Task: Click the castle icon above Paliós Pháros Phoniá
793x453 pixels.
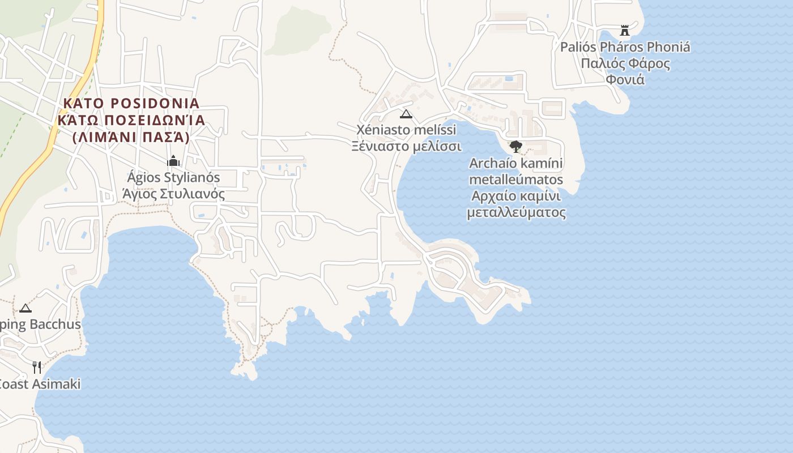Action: [625, 30]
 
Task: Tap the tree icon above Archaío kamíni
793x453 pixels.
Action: [515, 147]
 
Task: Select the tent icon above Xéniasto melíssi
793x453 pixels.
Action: [406, 114]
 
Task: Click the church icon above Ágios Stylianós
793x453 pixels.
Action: [173, 161]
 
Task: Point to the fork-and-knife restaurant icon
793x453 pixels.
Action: [37, 367]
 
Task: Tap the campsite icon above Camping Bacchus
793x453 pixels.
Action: [25, 308]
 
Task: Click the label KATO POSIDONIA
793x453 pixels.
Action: [131, 104]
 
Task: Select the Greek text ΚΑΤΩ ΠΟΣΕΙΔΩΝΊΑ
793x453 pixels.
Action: [131, 121]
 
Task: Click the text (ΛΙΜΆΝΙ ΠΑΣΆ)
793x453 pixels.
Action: [131, 137]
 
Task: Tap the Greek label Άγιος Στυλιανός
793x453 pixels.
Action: [173, 194]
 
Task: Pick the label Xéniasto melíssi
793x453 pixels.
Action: [406, 130]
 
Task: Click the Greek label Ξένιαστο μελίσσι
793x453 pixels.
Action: [406, 147]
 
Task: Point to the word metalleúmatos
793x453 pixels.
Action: [516, 180]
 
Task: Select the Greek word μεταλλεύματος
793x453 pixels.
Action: [516, 213]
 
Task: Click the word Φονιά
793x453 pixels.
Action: [625, 79]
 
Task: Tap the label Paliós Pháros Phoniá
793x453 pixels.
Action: [625, 47]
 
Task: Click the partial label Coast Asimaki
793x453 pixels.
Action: [40, 384]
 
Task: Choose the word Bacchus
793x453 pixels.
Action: [55, 325]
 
